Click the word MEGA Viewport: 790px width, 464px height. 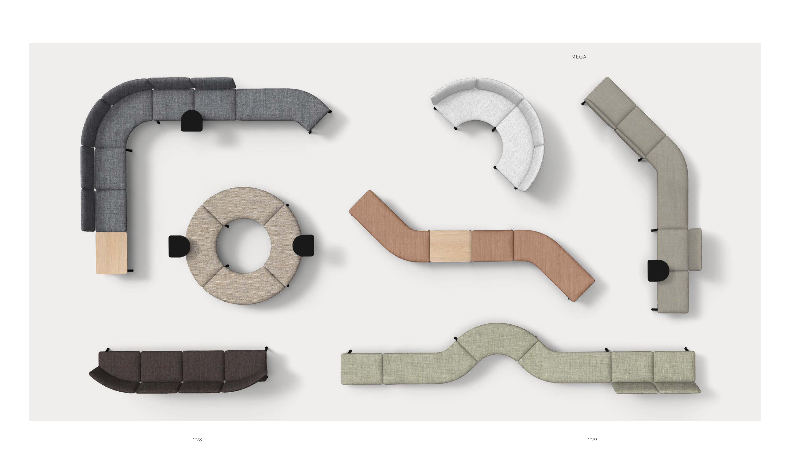coord(579,57)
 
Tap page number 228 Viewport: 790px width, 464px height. coord(197,439)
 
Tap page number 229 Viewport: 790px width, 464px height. coord(592,439)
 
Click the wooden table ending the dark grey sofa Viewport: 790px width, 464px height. coord(111,253)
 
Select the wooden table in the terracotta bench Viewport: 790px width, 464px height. coord(450,246)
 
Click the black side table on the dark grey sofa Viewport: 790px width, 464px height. coord(191,121)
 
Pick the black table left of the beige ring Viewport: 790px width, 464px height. coord(179,246)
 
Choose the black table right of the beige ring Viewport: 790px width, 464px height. coord(303,246)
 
